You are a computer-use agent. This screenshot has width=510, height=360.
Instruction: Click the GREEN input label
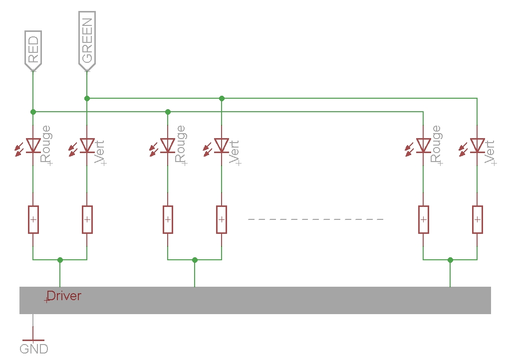87,40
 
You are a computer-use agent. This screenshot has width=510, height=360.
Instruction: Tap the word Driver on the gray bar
64,296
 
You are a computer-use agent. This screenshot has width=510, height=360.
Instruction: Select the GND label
34,349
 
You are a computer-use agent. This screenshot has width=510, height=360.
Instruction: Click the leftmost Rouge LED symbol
33,145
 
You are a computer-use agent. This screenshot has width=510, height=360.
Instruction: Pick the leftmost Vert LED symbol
87,145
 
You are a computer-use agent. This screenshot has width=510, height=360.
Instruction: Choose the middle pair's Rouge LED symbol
168,145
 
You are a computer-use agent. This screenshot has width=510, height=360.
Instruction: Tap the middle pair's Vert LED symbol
222,145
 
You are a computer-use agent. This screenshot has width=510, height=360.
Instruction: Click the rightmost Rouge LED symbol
423,145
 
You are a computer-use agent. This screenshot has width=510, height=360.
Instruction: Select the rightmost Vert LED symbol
477,145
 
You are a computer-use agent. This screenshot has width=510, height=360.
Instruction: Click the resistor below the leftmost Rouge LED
33,219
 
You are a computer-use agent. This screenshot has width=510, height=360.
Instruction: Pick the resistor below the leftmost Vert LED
87,219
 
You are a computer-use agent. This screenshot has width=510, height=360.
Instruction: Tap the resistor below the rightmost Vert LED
477,219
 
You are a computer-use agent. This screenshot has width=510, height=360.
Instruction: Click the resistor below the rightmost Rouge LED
423,219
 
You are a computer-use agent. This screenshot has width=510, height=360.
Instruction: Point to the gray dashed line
316,219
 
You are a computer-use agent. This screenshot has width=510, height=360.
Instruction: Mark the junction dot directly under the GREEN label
87,98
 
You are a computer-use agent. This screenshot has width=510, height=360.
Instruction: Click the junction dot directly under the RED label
33,112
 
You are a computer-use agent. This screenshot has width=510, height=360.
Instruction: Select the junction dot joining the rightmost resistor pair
450,260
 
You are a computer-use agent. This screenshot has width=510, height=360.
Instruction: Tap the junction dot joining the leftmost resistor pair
60,260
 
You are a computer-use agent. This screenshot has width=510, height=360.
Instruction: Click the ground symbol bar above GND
33,340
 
